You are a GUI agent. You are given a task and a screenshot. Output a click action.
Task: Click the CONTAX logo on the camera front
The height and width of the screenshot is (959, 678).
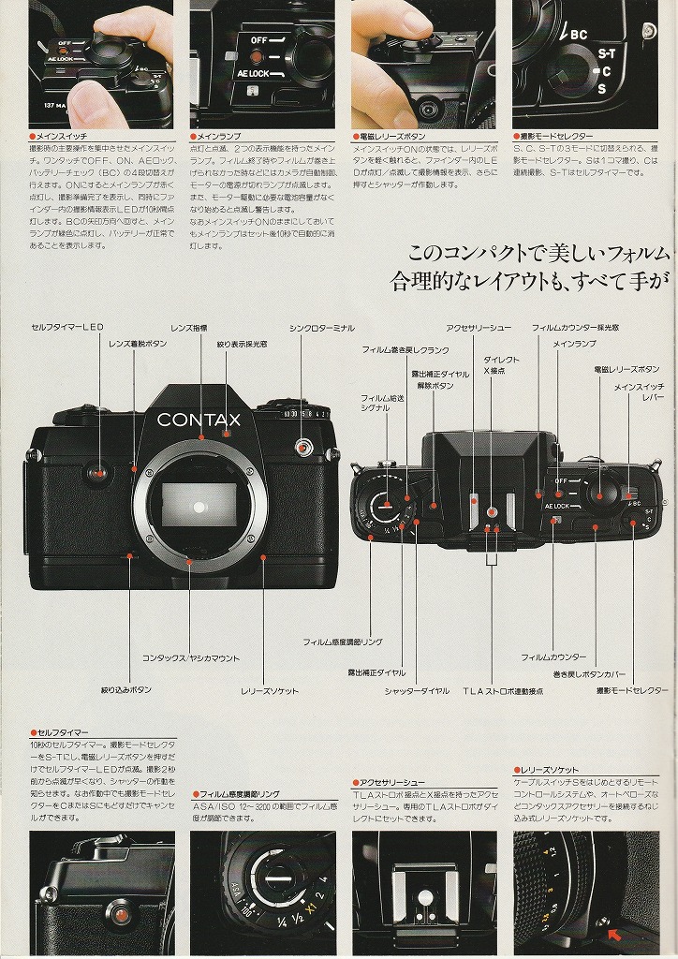point(199,420)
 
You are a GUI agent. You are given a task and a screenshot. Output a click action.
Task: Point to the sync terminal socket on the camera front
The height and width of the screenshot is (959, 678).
point(302,446)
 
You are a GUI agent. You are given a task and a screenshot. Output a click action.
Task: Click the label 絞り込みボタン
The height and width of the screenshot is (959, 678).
point(126,691)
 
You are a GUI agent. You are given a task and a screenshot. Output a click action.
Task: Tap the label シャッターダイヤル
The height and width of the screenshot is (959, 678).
point(417,691)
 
